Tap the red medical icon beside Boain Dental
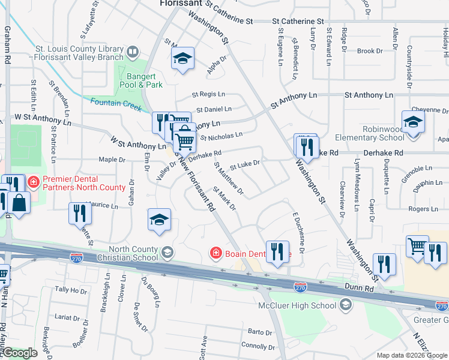pyautogui.click(x=215, y=254)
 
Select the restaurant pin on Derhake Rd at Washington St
pyautogui.click(x=307, y=147)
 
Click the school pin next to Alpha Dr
pyautogui.click(x=182, y=59)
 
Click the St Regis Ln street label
pyautogui.click(x=208, y=94)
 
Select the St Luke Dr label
pyautogui.click(x=245, y=163)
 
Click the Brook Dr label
pyautogui.click(x=366, y=52)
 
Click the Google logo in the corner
pyautogui.click(x=20, y=353)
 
